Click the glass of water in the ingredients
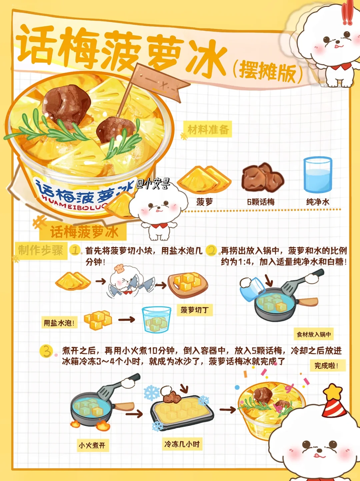tap(318, 175)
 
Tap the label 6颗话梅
tap(261, 202)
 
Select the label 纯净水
tap(318, 202)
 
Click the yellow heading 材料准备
tap(208, 129)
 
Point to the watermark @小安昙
tap(153, 184)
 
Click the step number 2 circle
tap(211, 250)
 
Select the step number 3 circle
tap(46, 351)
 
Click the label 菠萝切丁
tap(195, 310)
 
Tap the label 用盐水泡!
tap(59, 323)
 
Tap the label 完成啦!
tap(328, 365)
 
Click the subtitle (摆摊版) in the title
tap(267, 72)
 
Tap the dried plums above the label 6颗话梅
tap(262, 176)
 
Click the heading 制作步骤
tap(41, 250)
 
